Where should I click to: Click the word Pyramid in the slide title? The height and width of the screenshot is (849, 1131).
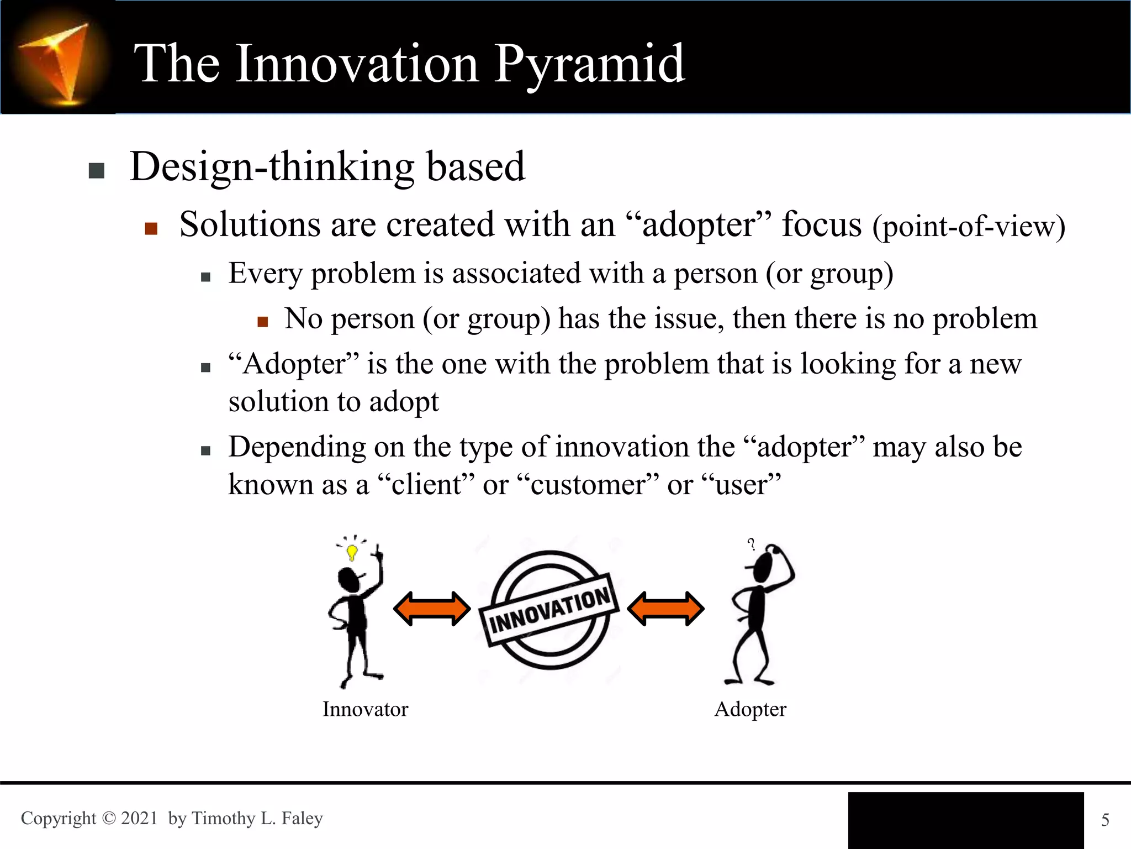click(589, 65)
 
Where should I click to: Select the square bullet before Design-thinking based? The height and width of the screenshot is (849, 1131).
click(97, 171)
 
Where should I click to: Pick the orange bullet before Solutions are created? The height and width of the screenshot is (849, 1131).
click(151, 228)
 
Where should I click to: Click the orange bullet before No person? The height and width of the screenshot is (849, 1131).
click(263, 322)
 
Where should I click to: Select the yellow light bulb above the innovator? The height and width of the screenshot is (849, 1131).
click(352, 551)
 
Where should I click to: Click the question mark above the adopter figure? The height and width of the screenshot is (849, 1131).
click(751, 544)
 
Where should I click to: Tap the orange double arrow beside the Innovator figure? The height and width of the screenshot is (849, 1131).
click(432, 609)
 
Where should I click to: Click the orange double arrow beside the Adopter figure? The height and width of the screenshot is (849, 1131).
click(665, 609)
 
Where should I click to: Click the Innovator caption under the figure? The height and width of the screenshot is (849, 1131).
click(365, 709)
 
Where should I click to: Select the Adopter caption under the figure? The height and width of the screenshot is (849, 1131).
click(750, 709)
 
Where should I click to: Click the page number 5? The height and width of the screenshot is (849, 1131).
click(1105, 820)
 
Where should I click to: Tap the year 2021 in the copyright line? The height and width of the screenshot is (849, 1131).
click(139, 818)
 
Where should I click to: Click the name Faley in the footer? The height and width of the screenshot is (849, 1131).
click(302, 818)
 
